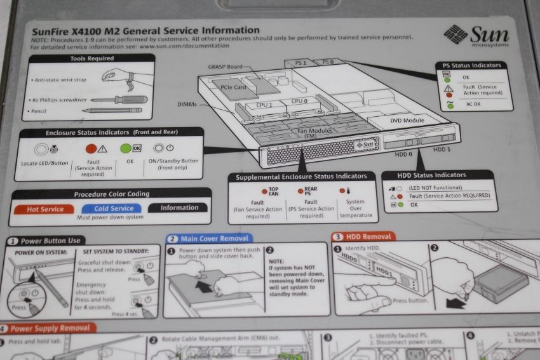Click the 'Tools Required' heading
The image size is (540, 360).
pos(92,58)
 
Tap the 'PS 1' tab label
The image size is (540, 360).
pos(300,63)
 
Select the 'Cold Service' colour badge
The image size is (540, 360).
pos(114,208)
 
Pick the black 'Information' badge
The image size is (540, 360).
pos(179,208)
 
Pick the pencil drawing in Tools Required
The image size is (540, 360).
pos(112,110)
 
